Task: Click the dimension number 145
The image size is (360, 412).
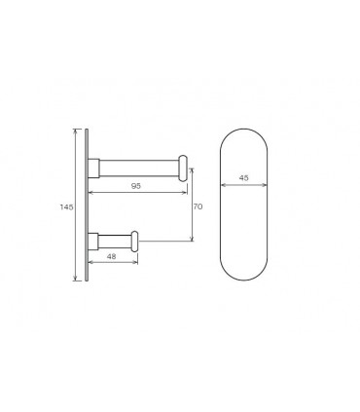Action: click(x=66, y=206)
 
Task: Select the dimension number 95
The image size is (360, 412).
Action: click(x=136, y=186)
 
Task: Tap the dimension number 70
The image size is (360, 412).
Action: click(x=198, y=206)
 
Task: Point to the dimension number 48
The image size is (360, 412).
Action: click(x=111, y=256)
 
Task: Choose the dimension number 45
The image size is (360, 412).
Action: click(x=243, y=178)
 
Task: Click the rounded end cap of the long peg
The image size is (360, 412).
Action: click(x=183, y=169)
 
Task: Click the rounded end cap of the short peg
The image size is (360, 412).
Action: click(x=134, y=242)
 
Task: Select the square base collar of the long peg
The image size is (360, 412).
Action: click(x=93, y=169)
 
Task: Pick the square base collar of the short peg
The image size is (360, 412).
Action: click(x=93, y=242)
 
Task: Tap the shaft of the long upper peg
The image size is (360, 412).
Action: click(x=139, y=169)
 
